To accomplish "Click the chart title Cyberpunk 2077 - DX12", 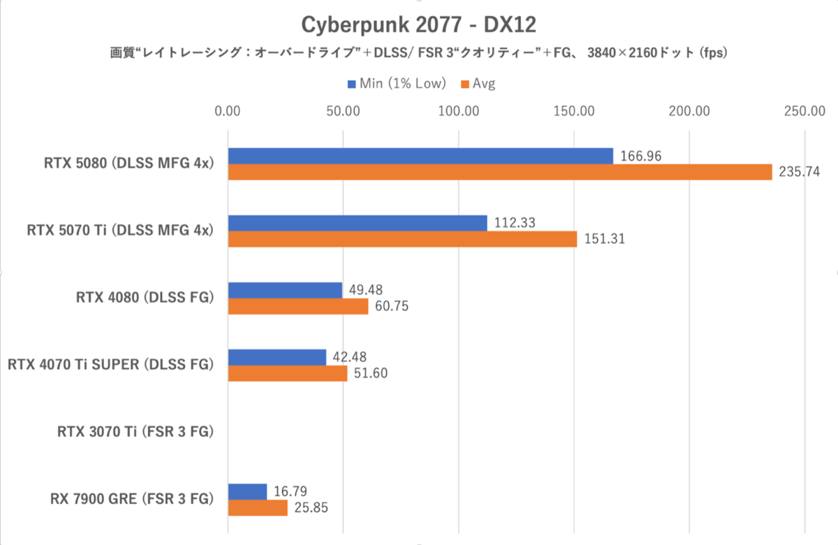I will point(418,24).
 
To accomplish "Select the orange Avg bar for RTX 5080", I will point(499,172).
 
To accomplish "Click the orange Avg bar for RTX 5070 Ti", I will point(402,239).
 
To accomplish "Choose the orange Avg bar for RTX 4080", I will point(297,306).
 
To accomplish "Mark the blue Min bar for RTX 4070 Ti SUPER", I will point(277,357).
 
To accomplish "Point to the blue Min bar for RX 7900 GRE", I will point(247,491).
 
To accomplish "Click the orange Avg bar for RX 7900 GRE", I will point(258,507).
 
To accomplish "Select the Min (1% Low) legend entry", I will point(396,84).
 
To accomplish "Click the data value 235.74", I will point(799,172).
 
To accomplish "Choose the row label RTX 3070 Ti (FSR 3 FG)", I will point(135,432).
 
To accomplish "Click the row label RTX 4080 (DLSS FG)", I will point(144,298).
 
